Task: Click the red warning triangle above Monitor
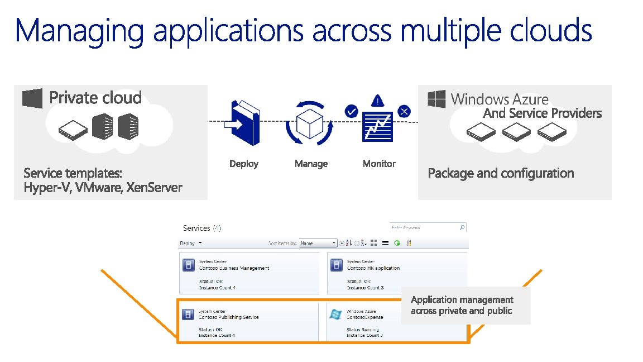(x=378, y=101)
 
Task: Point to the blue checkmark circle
(x=351, y=111)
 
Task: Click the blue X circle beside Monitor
(x=404, y=111)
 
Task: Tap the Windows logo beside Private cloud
(x=32, y=98)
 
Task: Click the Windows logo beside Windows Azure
(x=436, y=99)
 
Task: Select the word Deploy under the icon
(x=244, y=164)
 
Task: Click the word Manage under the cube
(x=311, y=164)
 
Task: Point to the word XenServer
(x=154, y=188)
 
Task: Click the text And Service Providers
(x=542, y=113)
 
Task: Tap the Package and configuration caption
(x=501, y=173)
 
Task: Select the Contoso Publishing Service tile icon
(x=189, y=314)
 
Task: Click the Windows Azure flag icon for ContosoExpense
(x=336, y=314)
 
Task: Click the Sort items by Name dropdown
(x=318, y=243)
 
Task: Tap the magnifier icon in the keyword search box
(x=462, y=227)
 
